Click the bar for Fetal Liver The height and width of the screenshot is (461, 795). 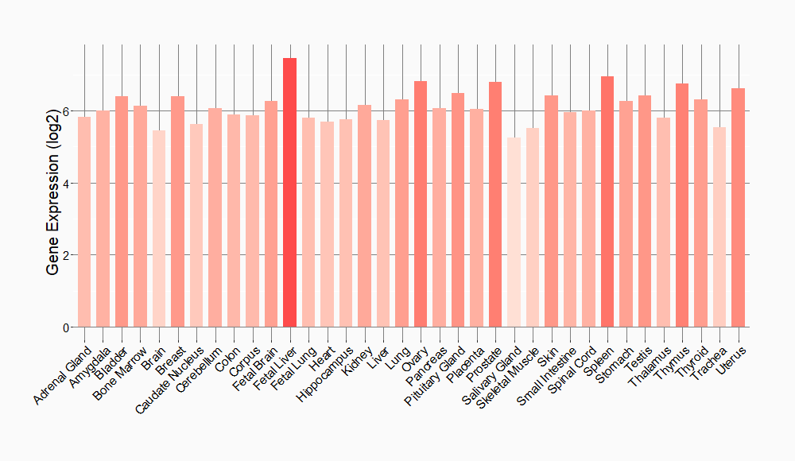[x=289, y=192]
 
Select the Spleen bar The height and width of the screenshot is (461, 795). [x=607, y=202]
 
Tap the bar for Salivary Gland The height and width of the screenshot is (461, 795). [x=514, y=232]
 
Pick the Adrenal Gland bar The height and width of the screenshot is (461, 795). [x=84, y=222]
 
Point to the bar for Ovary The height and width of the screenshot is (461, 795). [x=421, y=204]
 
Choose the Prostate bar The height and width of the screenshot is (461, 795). [x=495, y=204]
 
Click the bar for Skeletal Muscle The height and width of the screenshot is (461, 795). [x=533, y=227]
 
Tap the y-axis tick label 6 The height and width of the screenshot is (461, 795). [x=65, y=111]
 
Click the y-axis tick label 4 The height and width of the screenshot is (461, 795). [x=65, y=184]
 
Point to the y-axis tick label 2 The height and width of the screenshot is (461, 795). [x=65, y=255]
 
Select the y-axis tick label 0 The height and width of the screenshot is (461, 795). [x=65, y=327]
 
